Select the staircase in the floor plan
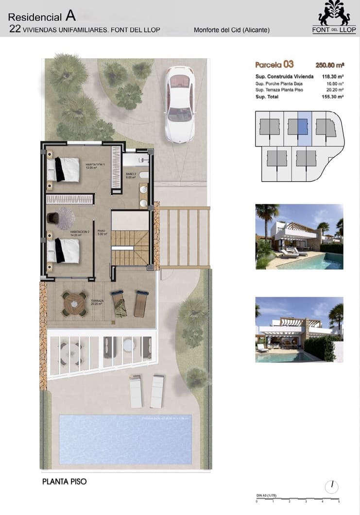pos(130,248)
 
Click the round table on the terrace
pos(74,304)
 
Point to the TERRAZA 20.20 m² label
pos(97,303)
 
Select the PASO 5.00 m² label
pos(102,233)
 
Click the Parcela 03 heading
pos(274,65)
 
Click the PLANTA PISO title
pos(64,482)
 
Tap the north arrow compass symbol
pos(332,486)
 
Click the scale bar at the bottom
pos(297,499)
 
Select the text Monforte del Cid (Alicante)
pos(231,30)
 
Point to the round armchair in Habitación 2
pos(65,218)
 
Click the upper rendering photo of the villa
pos(299,236)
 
